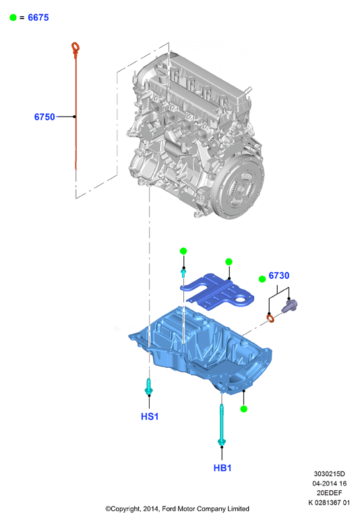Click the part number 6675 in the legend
38,18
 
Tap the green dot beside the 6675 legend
13,18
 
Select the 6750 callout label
44,117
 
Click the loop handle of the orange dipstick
76,48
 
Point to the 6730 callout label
279,275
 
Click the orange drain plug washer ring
271,319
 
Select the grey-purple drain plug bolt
289,306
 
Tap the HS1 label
150,416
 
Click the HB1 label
222,467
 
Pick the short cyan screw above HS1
149,387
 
